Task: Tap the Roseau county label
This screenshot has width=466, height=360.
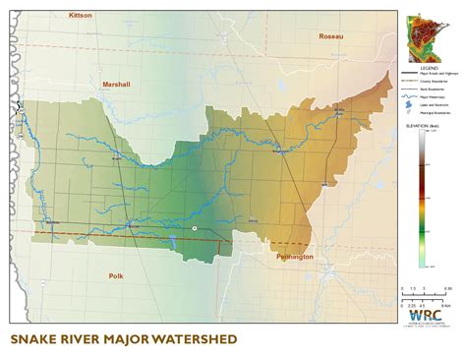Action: point(332,36)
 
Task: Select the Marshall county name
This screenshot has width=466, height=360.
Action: point(116,85)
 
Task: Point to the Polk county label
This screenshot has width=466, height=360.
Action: point(116,278)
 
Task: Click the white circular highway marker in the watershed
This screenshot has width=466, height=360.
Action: point(194,228)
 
